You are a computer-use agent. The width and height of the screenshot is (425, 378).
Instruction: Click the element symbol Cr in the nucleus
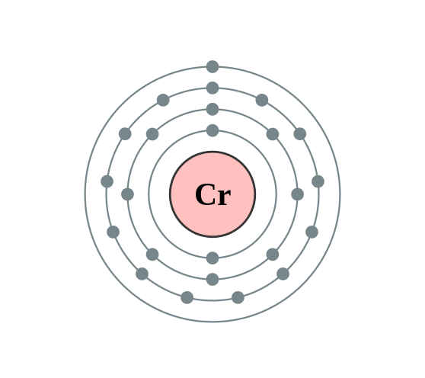(212, 194)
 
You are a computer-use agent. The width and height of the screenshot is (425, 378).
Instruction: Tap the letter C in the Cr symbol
(205, 194)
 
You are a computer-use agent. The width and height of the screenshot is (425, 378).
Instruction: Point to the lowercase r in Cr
(223, 197)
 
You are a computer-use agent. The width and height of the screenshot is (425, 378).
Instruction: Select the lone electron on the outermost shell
(212, 67)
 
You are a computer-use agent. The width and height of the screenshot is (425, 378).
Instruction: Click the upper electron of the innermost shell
(212, 130)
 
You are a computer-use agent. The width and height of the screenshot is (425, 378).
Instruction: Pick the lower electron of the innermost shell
(212, 258)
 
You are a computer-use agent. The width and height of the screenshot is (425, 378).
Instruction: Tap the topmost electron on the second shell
(212, 109)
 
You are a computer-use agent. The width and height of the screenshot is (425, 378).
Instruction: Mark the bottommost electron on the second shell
(212, 279)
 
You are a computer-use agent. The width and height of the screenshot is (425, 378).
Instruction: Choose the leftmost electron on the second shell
(127, 194)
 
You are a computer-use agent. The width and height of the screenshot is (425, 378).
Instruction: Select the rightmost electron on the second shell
(298, 194)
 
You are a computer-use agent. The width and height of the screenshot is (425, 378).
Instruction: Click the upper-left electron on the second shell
(152, 134)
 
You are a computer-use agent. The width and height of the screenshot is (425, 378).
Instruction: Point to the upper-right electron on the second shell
(273, 134)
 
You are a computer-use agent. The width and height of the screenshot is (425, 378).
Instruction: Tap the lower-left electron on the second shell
(152, 255)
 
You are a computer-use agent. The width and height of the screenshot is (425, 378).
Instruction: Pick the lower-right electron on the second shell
(273, 255)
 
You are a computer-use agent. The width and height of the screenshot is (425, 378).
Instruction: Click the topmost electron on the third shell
(212, 88)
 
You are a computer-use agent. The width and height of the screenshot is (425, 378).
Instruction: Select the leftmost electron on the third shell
(107, 181)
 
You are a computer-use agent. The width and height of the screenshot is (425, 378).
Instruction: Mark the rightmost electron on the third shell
(318, 181)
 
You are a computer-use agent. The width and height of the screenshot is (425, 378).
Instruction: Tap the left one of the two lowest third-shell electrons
(187, 297)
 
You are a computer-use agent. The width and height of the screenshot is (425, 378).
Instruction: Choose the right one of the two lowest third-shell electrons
(238, 297)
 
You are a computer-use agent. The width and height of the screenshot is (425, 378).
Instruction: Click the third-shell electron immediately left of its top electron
(163, 100)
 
